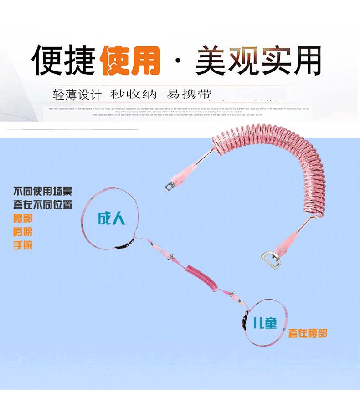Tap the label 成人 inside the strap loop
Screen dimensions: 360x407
(111, 219)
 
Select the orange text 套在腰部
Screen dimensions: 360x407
(307, 333)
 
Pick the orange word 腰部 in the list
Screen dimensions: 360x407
(23, 219)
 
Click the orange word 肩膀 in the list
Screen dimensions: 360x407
(23, 232)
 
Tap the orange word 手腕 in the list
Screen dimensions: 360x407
(23, 245)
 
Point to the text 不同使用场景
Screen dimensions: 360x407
(42, 191)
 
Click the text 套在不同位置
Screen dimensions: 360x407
(42, 204)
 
